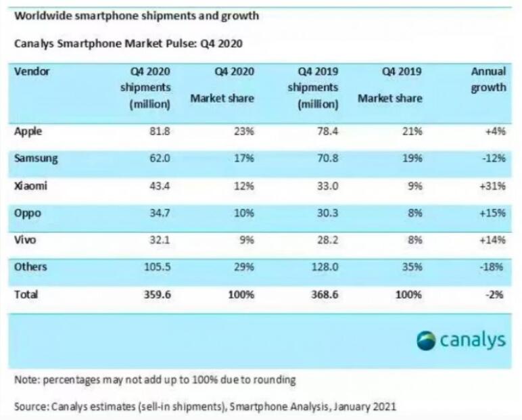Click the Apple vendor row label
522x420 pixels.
pos(28,132)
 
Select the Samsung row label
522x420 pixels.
pos(36,159)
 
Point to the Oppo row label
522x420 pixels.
pos(28,213)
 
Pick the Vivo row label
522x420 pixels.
pos(26,240)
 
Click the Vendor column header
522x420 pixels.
pos(32,71)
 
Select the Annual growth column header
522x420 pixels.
pos(488,80)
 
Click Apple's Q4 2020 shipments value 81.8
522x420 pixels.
pos(159,132)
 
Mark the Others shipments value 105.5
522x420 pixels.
pos(156,267)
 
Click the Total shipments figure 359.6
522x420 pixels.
pos(156,294)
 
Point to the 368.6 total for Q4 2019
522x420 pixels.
pos(324,294)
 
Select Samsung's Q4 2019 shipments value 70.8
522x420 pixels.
pos(327,159)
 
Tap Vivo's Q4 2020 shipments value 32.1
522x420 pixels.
pos(159,240)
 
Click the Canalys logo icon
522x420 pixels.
pos(426,340)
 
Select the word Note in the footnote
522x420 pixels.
pos(26,379)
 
